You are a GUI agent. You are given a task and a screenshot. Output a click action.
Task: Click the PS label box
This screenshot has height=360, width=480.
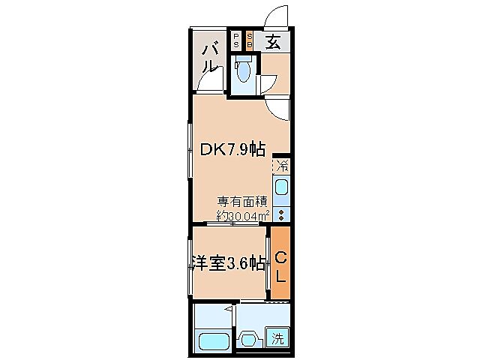tap(235, 40)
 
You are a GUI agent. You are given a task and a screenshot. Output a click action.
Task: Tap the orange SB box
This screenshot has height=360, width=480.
tap(250, 40)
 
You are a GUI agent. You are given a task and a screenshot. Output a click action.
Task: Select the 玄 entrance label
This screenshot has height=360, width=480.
tap(273, 42)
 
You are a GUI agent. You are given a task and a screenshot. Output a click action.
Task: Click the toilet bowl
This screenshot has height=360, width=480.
tap(243, 73)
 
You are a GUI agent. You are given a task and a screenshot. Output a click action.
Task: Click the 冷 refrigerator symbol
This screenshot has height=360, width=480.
tap(282, 165)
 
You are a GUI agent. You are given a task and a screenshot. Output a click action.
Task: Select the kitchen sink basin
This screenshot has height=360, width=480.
tap(282, 187)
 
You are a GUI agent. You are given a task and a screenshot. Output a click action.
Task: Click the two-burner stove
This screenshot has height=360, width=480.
tap(282, 214)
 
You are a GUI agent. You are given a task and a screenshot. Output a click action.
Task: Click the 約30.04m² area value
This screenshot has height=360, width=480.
tap(242, 215)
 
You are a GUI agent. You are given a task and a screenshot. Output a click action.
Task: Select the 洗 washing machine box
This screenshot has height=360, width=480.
tap(278, 337)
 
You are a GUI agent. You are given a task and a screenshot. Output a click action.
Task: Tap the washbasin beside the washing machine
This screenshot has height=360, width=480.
tap(249, 338)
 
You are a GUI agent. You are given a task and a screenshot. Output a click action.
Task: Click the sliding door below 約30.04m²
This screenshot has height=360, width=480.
tap(234, 224)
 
